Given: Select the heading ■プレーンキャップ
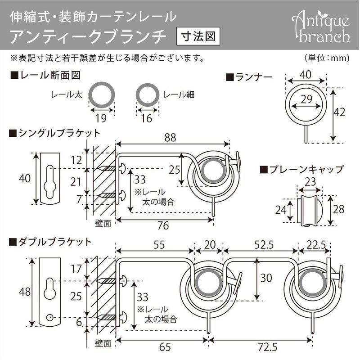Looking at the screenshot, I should click(302, 170).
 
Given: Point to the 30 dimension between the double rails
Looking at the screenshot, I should click(266, 278).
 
